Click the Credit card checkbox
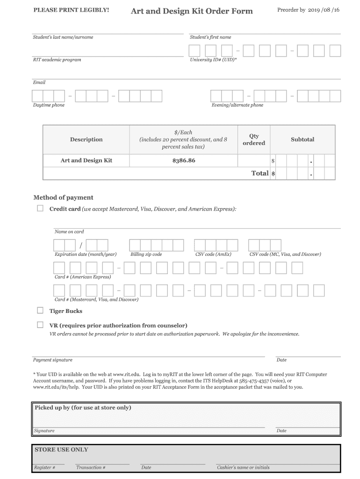click(x=40, y=209)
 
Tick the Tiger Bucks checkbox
click(x=40, y=311)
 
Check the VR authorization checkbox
click(x=40, y=325)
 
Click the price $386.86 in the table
click(x=184, y=160)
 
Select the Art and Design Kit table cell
click(x=86, y=160)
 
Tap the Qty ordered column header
click(x=254, y=139)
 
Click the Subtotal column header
click(x=302, y=139)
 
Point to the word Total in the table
click(x=260, y=173)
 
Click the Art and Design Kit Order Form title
click(x=192, y=11)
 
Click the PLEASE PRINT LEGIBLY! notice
click(x=71, y=10)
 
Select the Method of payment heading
click(x=63, y=197)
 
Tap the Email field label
click(x=39, y=82)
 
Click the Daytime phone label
click(x=49, y=105)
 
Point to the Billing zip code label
click(x=146, y=254)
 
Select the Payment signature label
click(x=52, y=360)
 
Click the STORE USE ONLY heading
click(x=61, y=450)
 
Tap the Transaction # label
click(x=91, y=467)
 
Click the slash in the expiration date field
click(x=81, y=246)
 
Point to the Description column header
click(x=86, y=139)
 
